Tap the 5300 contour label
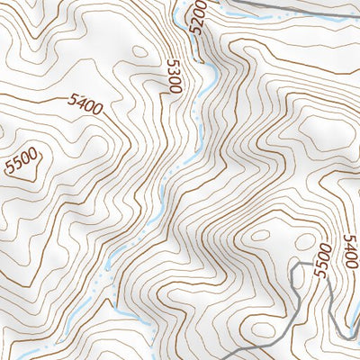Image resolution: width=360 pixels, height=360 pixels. (175, 76)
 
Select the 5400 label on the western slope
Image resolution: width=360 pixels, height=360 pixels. (84, 106)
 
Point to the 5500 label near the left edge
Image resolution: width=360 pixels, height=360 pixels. (21, 163)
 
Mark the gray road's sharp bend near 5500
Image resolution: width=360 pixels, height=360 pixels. (300, 266)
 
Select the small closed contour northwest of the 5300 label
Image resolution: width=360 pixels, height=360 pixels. (139, 52)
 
